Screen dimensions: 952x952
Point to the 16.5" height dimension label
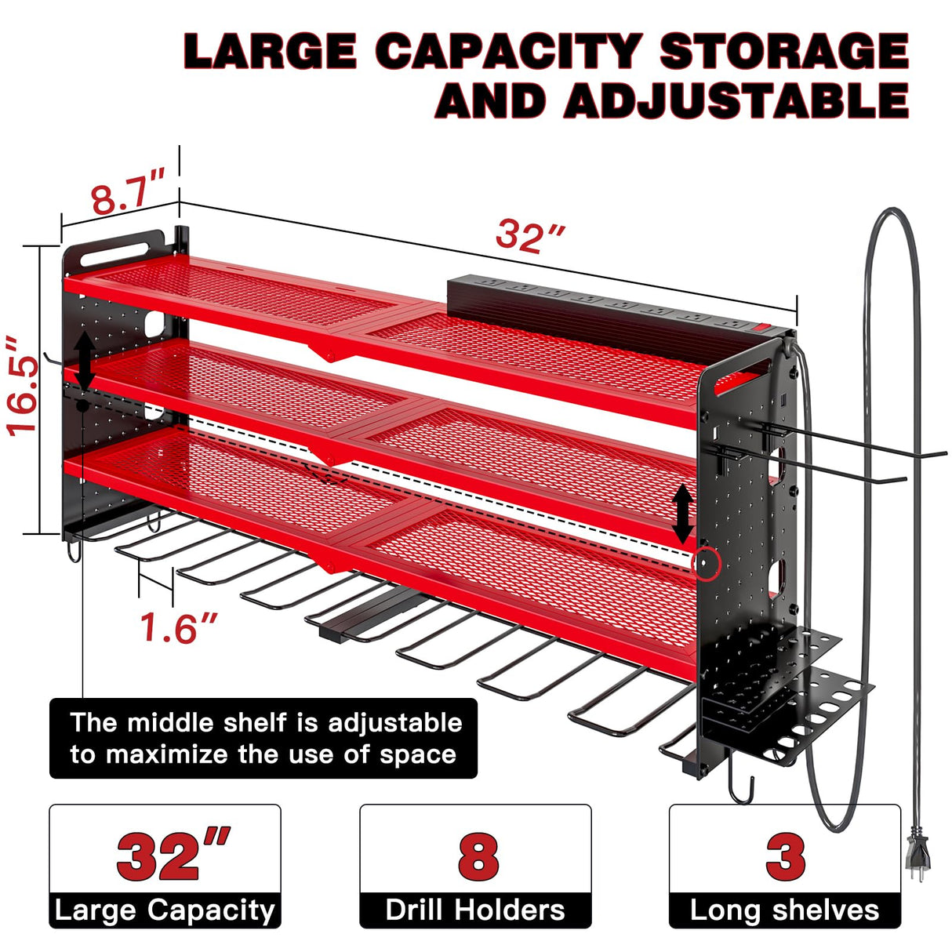24,384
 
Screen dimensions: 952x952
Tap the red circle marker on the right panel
704,562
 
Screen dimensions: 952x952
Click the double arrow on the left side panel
85,361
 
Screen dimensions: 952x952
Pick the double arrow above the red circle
683,514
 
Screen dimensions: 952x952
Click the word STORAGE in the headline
783,52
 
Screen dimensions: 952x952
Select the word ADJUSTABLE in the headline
736,101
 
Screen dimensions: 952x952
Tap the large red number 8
478,856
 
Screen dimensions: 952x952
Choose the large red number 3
785,856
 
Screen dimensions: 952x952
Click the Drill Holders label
475,910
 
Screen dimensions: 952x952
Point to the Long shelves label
784,910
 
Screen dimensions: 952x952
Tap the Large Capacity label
165,910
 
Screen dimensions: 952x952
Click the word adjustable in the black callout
394,723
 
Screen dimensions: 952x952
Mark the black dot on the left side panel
82,405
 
